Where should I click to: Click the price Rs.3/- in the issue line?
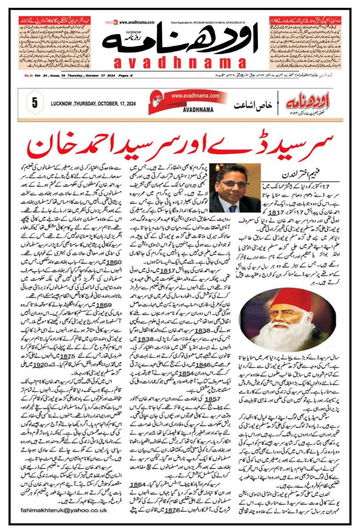point(43,76)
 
